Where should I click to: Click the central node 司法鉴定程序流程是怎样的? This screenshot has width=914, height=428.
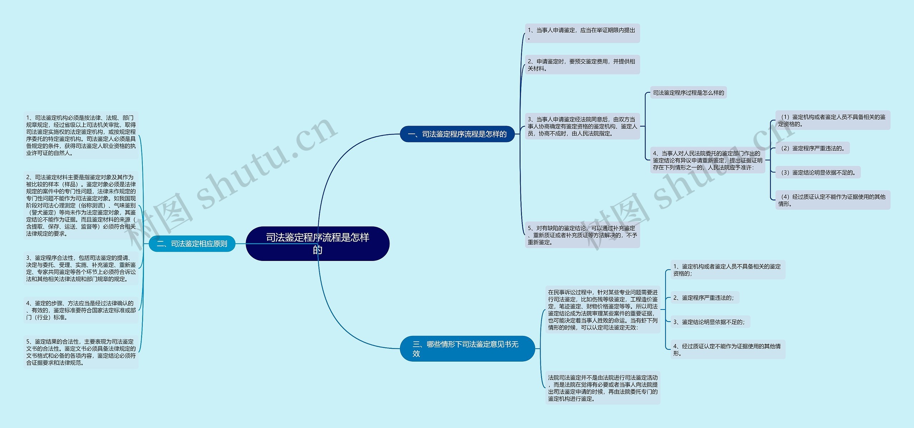click(317, 243)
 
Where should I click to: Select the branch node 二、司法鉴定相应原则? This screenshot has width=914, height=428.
click(192, 244)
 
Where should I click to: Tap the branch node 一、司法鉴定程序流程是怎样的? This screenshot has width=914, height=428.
click(457, 134)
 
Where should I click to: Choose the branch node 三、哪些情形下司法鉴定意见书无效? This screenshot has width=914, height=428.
click(467, 348)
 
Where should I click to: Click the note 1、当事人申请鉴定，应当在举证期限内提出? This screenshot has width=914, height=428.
click(582, 33)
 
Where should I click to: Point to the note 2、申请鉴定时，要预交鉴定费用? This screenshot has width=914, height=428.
click(582, 65)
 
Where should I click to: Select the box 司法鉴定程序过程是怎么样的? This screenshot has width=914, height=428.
click(688, 93)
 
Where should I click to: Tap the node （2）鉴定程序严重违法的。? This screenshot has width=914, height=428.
click(813, 148)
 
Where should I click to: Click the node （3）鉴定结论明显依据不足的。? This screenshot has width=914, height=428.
click(818, 172)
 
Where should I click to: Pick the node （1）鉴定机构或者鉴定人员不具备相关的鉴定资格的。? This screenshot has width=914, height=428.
click(833, 120)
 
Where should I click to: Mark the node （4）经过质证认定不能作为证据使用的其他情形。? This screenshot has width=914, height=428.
click(833, 200)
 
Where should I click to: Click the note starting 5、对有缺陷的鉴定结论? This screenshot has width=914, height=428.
click(582, 235)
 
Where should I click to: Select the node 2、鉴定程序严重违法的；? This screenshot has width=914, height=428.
click(704, 298)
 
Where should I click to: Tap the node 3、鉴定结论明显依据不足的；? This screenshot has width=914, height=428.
click(710, 322)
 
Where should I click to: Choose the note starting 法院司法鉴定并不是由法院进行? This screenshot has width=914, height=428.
click(603, 388)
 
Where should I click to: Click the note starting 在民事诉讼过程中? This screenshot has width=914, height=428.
click(603, 310)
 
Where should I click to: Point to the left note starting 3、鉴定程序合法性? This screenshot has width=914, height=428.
click(81, 268)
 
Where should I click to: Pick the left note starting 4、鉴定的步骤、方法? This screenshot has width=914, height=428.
click(81, 310)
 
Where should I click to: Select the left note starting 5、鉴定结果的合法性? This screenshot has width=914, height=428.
click(81, 352)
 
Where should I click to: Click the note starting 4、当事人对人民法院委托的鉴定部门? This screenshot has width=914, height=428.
click(707, 160)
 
